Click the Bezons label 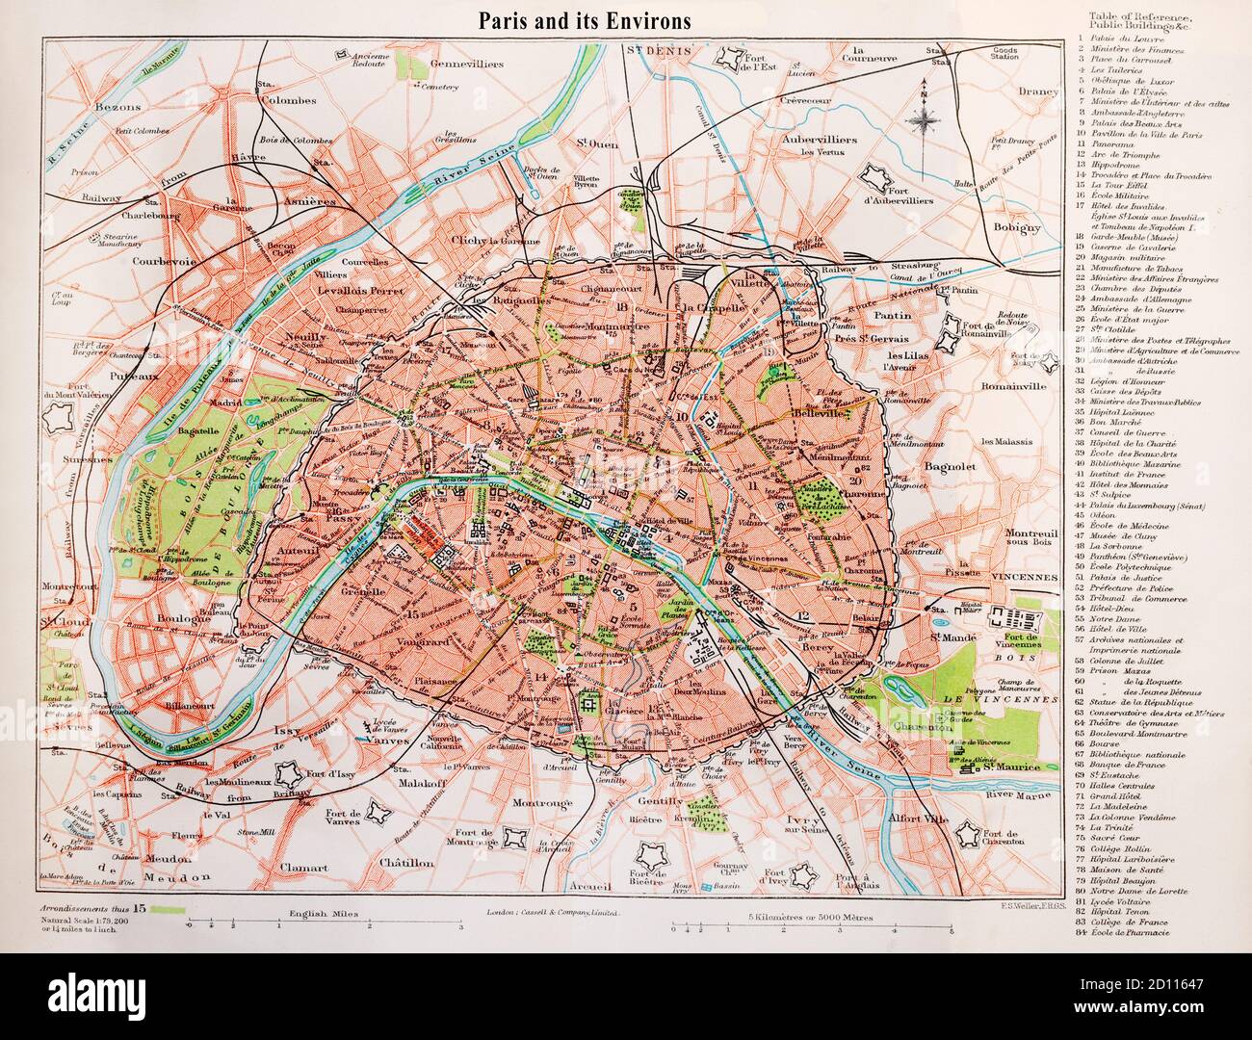click(x=119, y=106)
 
